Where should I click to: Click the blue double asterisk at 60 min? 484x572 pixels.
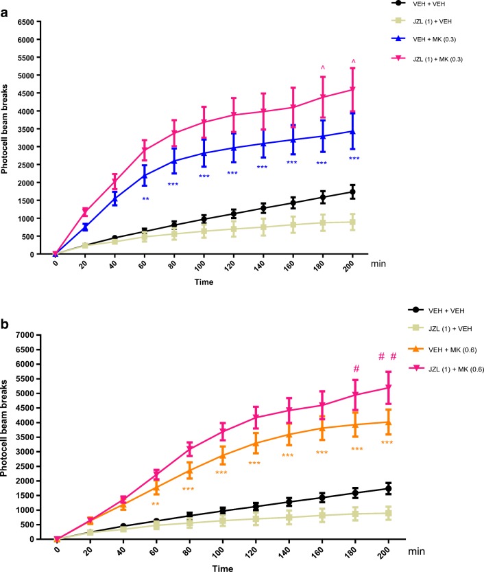pos(145,198)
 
